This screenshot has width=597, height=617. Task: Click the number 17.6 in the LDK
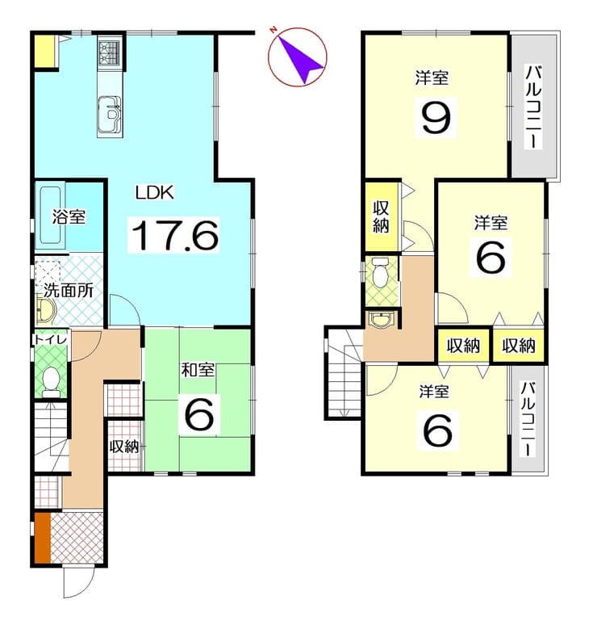tap(174, 236)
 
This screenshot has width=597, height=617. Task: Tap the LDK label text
tap(154, 193)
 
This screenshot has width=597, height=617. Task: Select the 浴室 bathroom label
tap(69, 216)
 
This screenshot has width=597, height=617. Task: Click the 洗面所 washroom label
tap(68, 291)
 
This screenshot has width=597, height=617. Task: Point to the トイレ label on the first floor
tap(51, 339)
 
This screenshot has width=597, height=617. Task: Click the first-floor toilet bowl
tap(50, 381)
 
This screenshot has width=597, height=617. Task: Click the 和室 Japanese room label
tap(198, 370)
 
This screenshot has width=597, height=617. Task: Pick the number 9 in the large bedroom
tap(436, 117)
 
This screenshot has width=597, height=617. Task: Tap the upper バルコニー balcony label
tap(534, 107)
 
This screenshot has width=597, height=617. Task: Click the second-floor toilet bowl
tap(380, 273)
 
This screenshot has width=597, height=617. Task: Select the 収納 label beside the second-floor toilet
tap(381, 216)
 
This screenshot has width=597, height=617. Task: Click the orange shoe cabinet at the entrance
tap(43, 538)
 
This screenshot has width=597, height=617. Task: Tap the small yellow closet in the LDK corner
tap(44, 51)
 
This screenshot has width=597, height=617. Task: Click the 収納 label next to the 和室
tap(123, 447)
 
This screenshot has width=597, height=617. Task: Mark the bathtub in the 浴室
tap(51, 215)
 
